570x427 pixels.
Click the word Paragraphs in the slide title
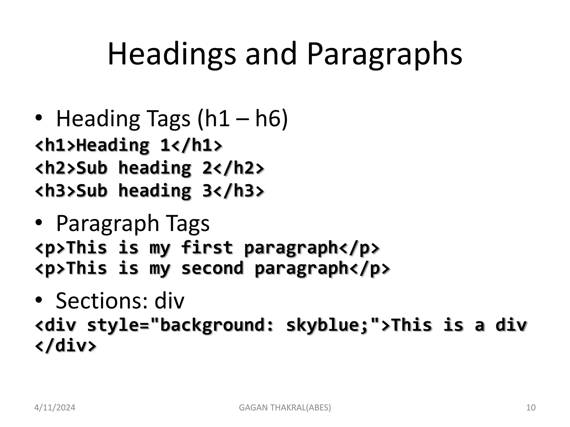coord(384,54)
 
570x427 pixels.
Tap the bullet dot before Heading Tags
coord(39,118)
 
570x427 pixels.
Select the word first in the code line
coord(207,247)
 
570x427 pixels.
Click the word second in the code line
coord(212,268)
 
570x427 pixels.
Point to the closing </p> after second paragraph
coord(369,268)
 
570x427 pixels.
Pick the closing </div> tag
coord(66,346)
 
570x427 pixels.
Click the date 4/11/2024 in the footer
coord(55,408)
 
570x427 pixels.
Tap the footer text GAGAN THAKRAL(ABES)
coord(285,408)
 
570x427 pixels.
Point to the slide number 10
coord(531,408)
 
